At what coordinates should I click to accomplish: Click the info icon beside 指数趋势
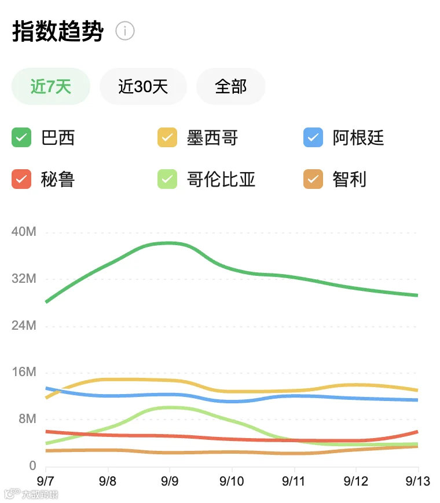[x=124, y=31]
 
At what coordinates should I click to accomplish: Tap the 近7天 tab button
[x=50, y=86]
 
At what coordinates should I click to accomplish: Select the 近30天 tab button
[x=143, y=86]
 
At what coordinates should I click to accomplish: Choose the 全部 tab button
[x=231, y=86]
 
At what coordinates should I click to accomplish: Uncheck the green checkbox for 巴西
[x=21, y=137]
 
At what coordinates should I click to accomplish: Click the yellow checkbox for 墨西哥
[x=167, y=137]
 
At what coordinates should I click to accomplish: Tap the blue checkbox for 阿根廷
[x=313, y=137]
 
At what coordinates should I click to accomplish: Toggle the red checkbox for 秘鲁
[x=21, y=179]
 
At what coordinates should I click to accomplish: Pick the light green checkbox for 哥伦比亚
[x=167, y=179]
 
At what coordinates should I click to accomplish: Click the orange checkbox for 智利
[x=313, y=179]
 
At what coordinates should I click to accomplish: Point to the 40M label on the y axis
[x=24, y=232]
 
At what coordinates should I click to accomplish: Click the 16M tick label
[x=24, y=372]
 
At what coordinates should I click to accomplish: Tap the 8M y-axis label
[x=27, y=418]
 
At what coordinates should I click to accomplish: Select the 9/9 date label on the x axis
[x=170, y=481]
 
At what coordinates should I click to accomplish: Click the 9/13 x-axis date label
[x=417, y=481]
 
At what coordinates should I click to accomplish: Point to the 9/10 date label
[x=232, y=481]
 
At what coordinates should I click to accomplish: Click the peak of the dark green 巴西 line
[x=169, y=243]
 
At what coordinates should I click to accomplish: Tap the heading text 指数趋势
[x=58, y=31]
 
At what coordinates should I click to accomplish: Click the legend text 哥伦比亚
[x=221, y=179]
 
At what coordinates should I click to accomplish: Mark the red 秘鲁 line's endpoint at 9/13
[x=417, y=432]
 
